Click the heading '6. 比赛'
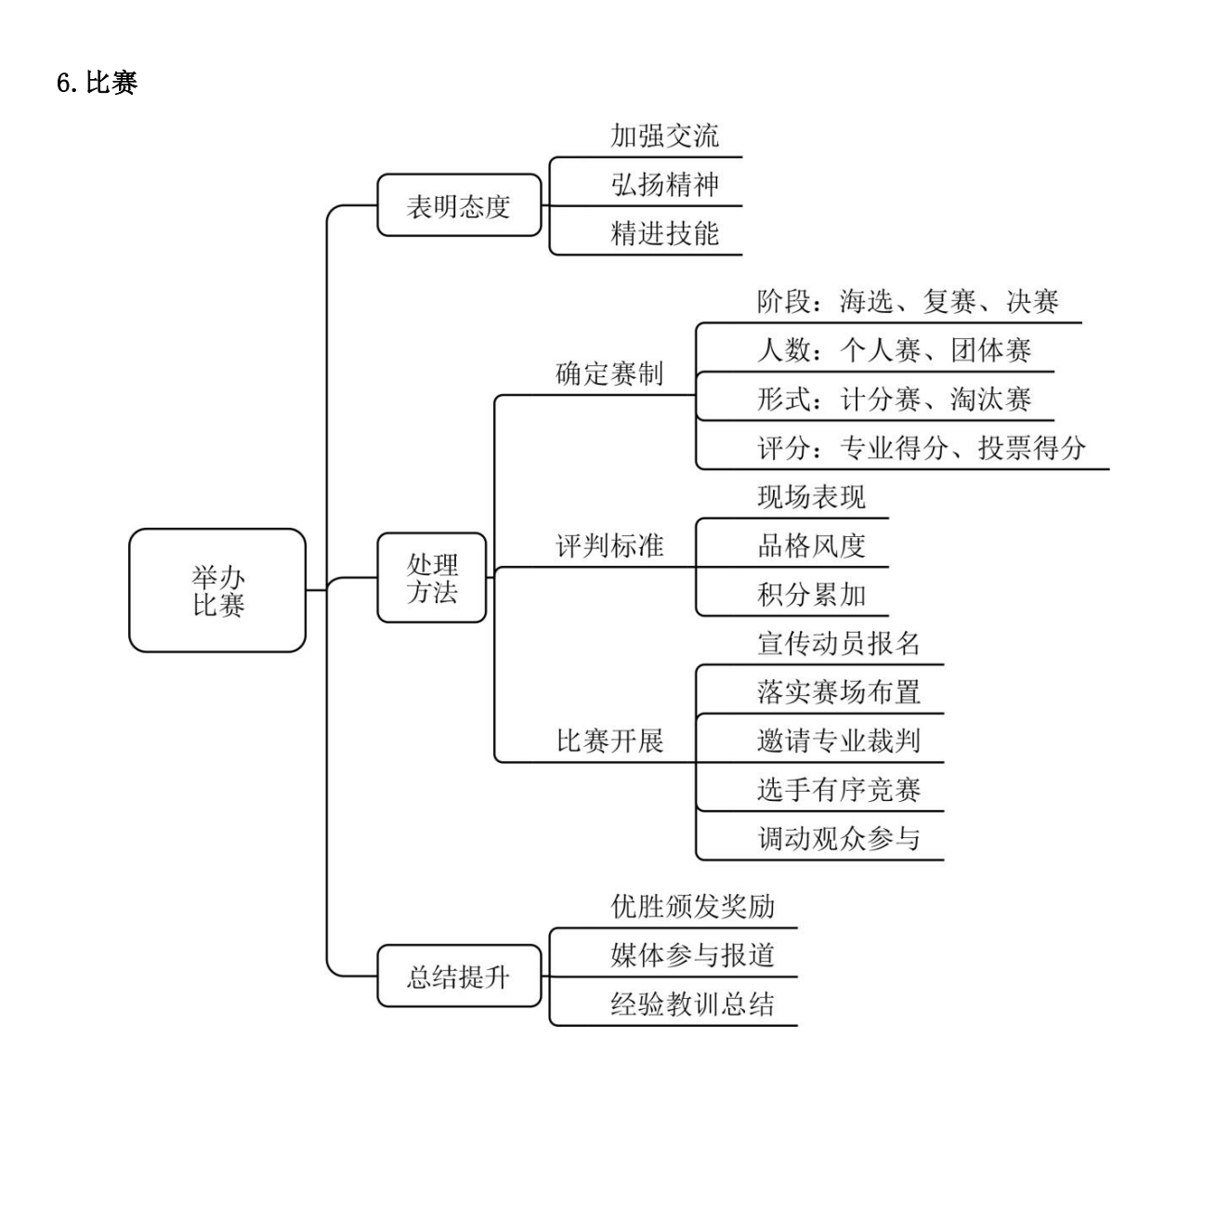coord(97,83)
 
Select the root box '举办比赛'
coord(217,590)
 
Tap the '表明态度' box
coord(459,205)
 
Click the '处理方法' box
coord(432,578)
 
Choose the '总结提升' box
coord(459,977)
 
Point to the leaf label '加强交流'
coord(664,136)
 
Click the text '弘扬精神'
coord(664,185)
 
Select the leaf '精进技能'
coord(664,233)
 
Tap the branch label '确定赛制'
coord(609,374)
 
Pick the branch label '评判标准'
coord(609,545)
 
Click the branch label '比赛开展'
coord(609,741)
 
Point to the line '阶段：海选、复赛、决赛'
coord(908,301)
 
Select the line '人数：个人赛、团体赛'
coord(894,350)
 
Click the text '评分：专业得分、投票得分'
coord(922,448)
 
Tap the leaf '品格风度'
coord(811,545)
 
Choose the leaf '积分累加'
coord(811,595)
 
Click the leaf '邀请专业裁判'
coord(839,741)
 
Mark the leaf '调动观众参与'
coord(839,838)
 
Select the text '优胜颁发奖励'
coord(692,906)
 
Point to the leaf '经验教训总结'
coord(692,1004)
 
